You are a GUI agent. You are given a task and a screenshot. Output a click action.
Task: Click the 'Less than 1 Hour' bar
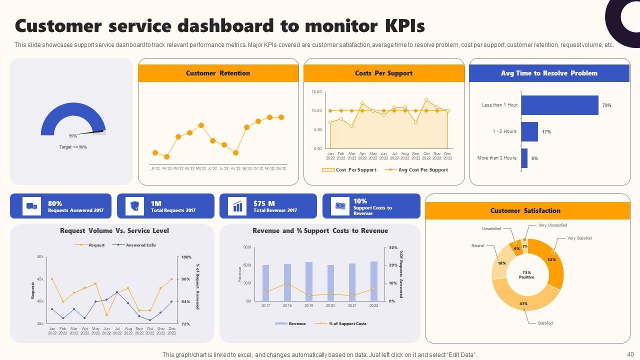click(x=559, y=105)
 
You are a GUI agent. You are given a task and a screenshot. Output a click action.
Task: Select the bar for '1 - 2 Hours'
click(x=529, y=132)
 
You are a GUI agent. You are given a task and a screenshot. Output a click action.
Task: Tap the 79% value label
click(x=606, y=105)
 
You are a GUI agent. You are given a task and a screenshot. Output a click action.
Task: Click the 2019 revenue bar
click(x=309, y=281)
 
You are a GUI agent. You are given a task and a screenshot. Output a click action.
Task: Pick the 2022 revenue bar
click(x=374, y=281)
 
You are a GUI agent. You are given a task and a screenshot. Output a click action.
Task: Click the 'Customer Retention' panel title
click(x=218, y=73)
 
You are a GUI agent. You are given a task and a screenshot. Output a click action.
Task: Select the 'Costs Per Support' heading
click(x=383, y=73)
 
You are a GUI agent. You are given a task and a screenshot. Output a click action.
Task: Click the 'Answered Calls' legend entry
click(x=140, y=245)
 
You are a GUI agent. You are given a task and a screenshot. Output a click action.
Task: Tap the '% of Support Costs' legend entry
click(x=347, y=323)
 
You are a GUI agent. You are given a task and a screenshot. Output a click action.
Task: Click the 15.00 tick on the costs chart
click(x=316, y=92)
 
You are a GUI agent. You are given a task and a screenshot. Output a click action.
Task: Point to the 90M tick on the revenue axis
click(x=247, y=247)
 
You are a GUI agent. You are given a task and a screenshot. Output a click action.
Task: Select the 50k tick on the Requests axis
click(x=40, y=256)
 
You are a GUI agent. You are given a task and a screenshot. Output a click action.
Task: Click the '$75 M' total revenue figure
click(x=264, y=203)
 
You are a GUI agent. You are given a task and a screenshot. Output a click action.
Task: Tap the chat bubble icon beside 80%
click(x=31, y=206)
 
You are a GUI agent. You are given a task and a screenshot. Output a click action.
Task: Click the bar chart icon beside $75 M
click(x=237, y=206)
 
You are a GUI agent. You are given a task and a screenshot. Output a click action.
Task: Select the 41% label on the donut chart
click(x=523, y=303)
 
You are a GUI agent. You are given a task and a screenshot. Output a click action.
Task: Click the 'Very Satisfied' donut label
click(x=579, y=238)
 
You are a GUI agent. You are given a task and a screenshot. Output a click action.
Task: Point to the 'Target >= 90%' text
click(x=73, y=147)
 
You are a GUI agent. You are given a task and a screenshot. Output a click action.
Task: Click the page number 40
click(x=630, y=354)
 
